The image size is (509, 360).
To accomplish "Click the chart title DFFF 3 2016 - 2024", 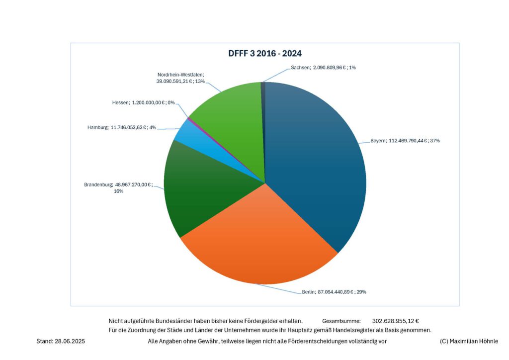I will (264, 53).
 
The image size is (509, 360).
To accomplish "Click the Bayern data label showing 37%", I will (405, 141).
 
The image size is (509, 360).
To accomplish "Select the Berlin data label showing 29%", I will (334, 292).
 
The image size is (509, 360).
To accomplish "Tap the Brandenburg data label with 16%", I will (118, 187).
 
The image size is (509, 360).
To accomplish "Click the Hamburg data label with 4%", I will (121, 127).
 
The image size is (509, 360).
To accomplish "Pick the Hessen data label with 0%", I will (143, 102).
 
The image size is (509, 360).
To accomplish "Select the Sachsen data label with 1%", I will (323, 68).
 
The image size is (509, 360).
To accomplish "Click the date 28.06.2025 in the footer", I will (71, 341).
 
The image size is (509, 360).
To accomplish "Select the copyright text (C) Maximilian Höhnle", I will (469, 341).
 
